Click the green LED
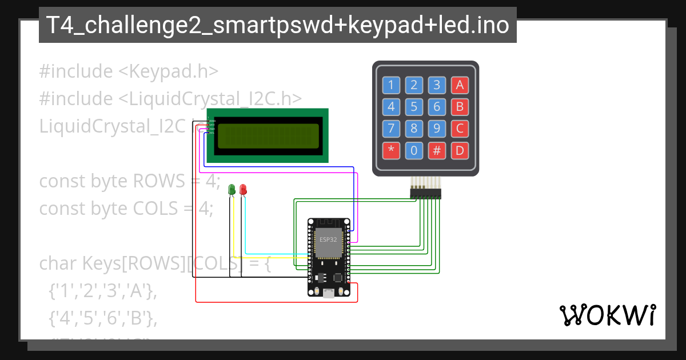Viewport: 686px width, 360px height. point(232,189)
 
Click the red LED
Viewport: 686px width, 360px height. point(243,189)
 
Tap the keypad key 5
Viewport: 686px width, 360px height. point(414,107)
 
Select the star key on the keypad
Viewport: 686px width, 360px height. point(391,150)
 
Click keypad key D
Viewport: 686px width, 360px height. point(459,150)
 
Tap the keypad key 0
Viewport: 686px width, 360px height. point(414,150)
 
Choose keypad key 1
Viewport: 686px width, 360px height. point(391,86)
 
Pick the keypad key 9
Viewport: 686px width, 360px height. point(437,129)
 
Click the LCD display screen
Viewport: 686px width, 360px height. point(268,136)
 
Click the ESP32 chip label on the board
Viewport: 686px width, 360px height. point(329,239)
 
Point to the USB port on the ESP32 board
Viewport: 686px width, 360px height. point(329,293)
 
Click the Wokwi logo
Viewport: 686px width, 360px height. point(607,315)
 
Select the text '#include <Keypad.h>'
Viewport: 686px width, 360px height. point(129,71)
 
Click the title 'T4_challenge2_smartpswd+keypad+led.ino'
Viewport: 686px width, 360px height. point(277,25)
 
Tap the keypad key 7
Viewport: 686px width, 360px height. point(391,129)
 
